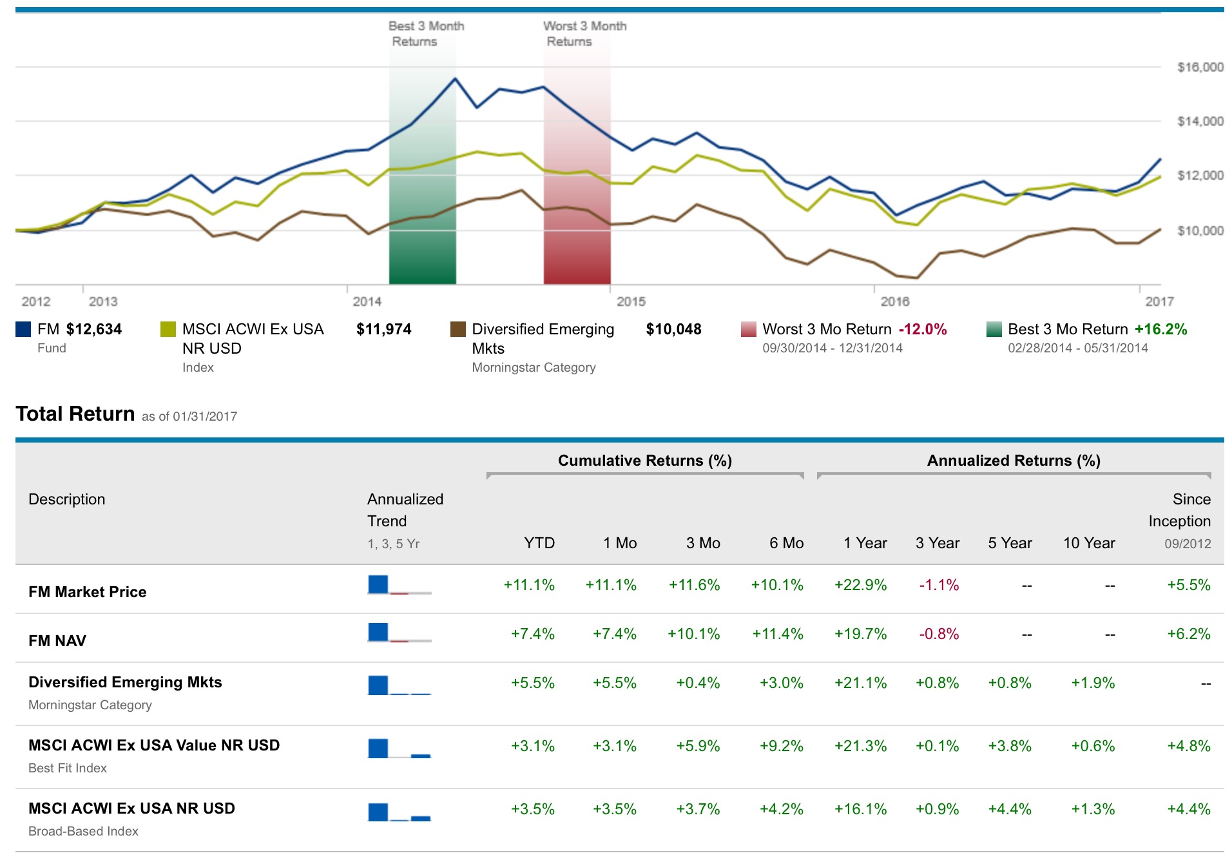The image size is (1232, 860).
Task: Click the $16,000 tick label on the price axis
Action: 1200,67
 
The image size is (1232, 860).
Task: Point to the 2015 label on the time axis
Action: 631,301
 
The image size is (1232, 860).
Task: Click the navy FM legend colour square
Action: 23,330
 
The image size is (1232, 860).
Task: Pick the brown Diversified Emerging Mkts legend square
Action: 458,330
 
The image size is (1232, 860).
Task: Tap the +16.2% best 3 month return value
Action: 1160,329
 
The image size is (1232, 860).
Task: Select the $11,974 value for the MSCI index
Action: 383,329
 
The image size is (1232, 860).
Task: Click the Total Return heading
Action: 75,414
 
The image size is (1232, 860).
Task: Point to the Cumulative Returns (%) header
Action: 644,461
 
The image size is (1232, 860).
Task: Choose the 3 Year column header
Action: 938,543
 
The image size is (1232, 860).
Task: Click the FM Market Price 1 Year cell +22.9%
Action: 860,585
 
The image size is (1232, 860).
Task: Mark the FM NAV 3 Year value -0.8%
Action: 939,634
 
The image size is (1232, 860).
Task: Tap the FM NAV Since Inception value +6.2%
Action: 1189,634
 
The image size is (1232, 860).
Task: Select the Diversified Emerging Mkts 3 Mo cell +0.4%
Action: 698,683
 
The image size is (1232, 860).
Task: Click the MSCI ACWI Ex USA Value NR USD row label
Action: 154,745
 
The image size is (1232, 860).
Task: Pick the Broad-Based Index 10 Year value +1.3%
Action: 1093,809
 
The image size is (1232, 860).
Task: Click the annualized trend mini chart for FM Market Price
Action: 399,585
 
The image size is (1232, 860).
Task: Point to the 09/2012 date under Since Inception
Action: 1188,544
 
